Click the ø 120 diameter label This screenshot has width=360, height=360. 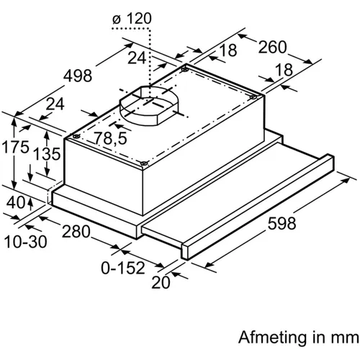click(x=132, y=19)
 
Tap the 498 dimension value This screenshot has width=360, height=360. click(x=78, y=76)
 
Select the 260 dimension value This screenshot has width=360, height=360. click(x=272, y=47)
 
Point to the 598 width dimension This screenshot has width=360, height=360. click(x=282, y=223)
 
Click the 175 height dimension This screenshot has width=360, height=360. click(x=15, y=147)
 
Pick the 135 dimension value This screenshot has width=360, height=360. click(x=47, y=154)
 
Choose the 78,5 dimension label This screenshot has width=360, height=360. click(x=110, y=138)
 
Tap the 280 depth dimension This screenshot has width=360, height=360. click(x=76, y=232)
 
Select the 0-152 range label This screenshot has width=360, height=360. click(x=123, y=268)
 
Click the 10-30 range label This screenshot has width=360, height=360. click(x=25, y=242)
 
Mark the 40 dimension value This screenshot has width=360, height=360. click(x=15, y=202)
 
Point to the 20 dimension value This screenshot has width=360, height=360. click(x=161, y=282)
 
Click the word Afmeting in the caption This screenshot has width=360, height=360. click(x=273, y=338)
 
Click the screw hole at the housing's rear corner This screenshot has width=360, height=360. click(x=185, y=70)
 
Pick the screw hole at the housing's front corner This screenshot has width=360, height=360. click(x=144, y=163)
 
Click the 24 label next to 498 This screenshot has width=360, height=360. click(x=55, y=104)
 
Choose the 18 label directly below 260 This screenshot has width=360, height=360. click(x=284, y=69)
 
